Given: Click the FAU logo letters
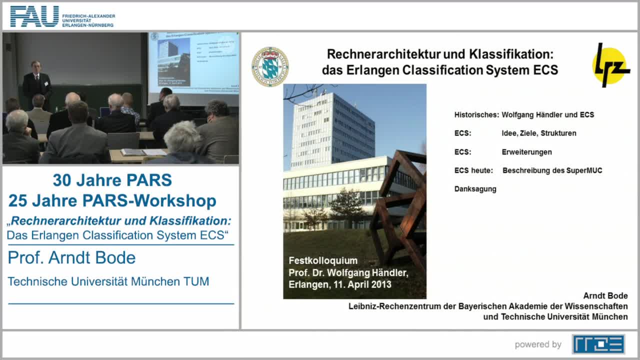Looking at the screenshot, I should click(x=34, y=16).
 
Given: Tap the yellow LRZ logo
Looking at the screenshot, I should click(x=610, y=65).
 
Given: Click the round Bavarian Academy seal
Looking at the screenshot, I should click(x=270, y=66).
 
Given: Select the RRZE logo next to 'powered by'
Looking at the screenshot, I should click(x=598, y=344).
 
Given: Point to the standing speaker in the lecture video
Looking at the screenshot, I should click(x=37, y=82).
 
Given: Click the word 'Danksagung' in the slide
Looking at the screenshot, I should click(x=475, y=189).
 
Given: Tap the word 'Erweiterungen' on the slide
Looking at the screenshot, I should click(x=526, y=152).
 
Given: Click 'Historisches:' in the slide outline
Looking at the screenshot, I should click(x=476, y=115).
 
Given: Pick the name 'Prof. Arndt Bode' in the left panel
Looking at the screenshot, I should click(x=71, y=257).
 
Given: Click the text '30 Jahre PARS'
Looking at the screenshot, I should click(x=112, y=180).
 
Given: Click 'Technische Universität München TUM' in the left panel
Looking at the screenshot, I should click(x=108, y=281).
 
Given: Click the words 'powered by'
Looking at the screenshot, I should click(x=538, y=344).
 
